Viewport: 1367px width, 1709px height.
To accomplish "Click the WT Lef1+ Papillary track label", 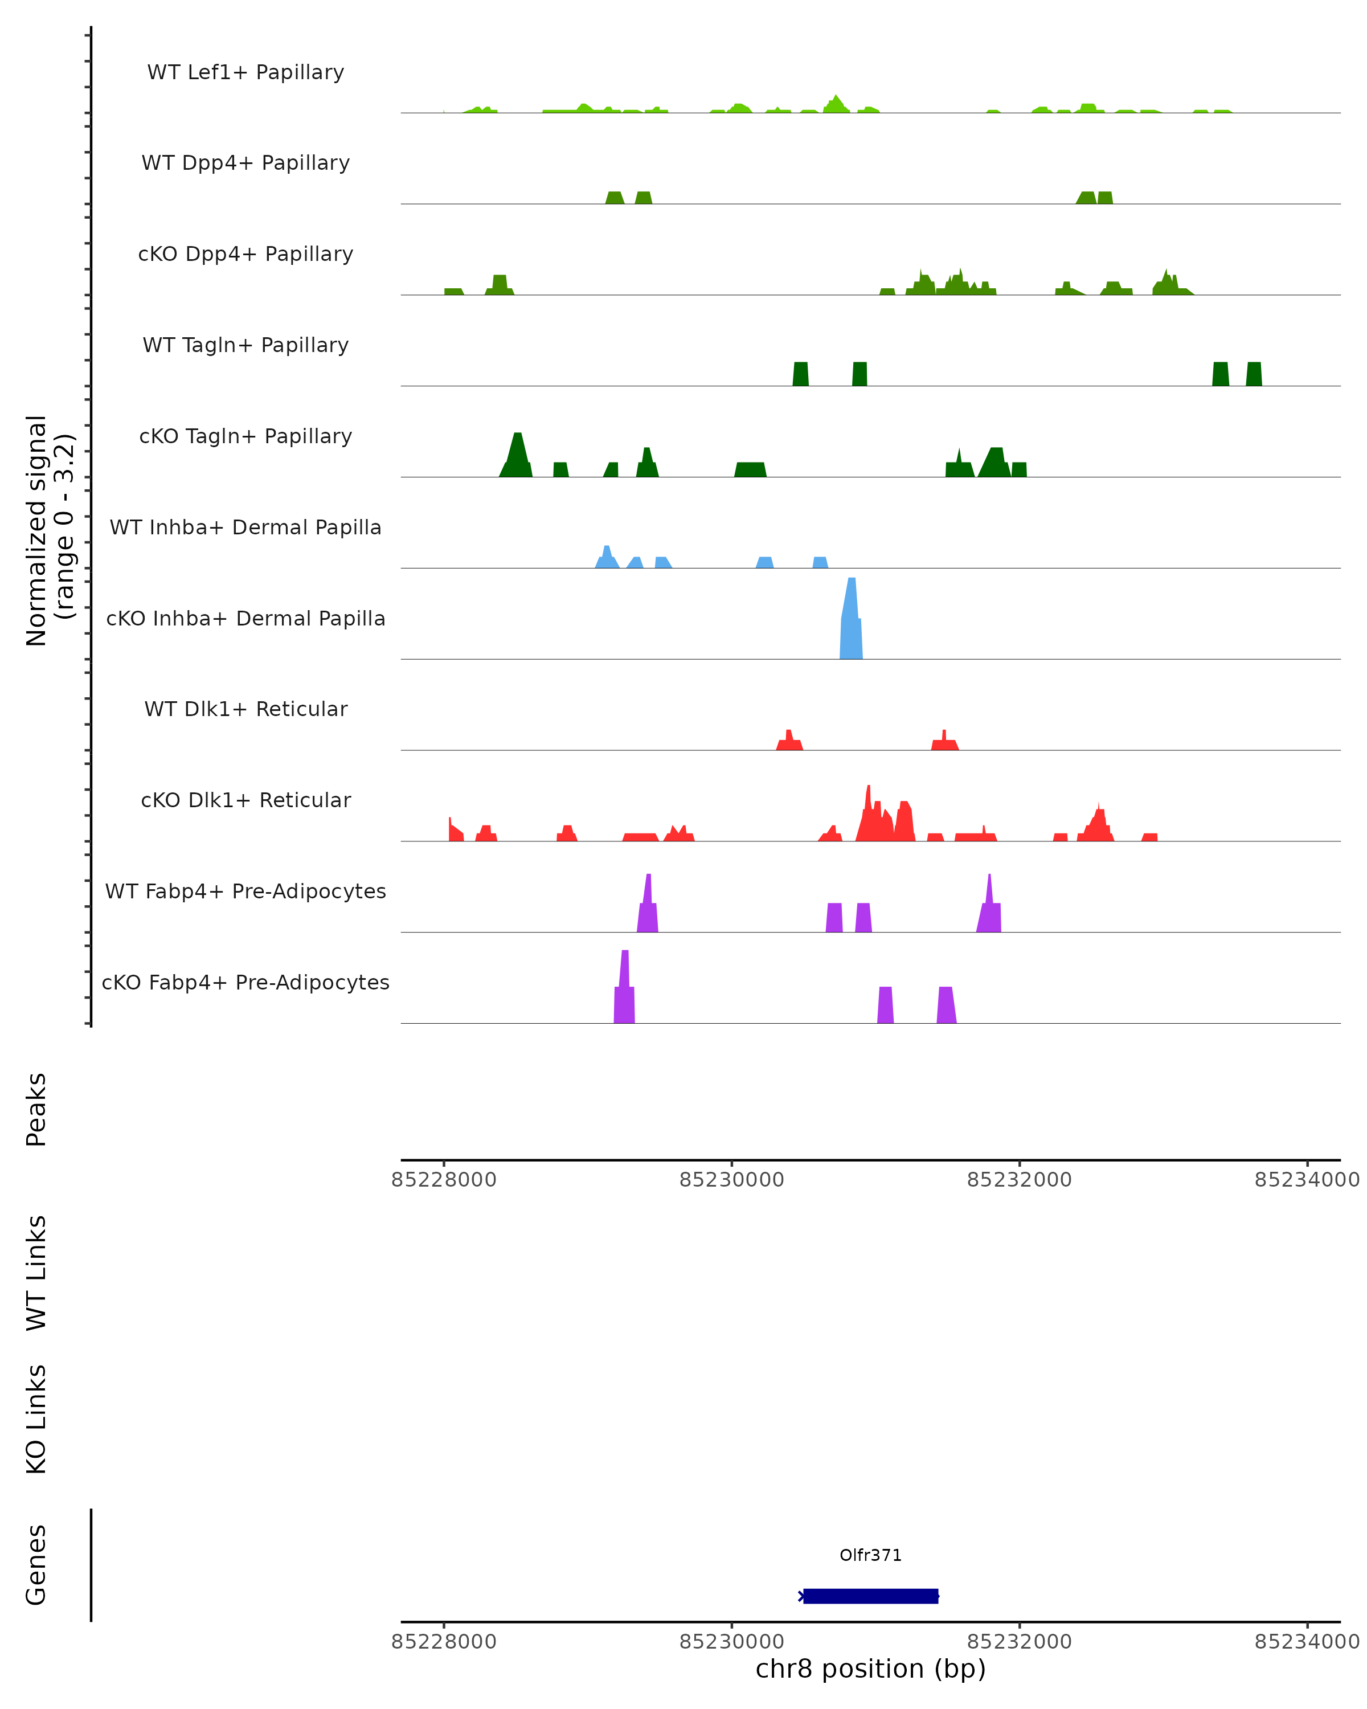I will pyautogui.click(x=245, y=72).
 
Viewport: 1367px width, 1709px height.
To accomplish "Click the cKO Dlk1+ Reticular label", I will pyautogui.click(x=245, y=800).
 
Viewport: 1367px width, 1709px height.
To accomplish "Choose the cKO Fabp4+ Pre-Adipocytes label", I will pyautogui.click(x=245, y=982).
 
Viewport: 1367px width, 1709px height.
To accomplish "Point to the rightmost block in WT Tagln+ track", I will pyautogui.click(x=1254, y=374).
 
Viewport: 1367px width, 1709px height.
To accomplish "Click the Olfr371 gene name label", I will pyautogui.click(x=870, y=1555).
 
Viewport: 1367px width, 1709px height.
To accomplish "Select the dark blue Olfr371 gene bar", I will pyautogui.click(x=870, y=1596).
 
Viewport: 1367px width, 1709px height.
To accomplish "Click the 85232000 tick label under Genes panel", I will pyautogui.click(x=1019, y=1642).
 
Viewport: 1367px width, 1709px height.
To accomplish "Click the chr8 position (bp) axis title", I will pyautogui.click(x=870, y=1669).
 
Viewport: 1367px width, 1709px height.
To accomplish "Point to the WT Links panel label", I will pyautogui.click(x=36, y=1273).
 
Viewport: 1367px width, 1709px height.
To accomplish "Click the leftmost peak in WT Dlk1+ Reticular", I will pyautogui.click(x=789, y=742).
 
